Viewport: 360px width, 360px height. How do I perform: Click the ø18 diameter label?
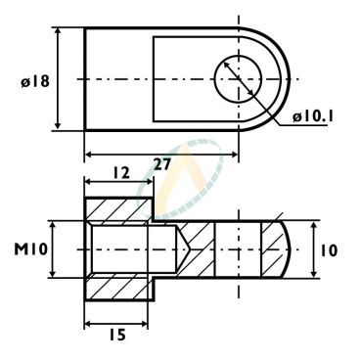tap(35, 81)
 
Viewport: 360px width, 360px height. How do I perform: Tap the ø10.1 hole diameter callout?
tap(313, 116)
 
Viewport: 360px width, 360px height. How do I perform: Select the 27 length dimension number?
tap(162, 164)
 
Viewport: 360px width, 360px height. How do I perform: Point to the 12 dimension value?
tap(121, 173)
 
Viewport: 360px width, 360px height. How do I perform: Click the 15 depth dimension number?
tap(117, 335)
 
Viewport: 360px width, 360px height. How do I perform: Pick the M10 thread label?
tap(30, 249)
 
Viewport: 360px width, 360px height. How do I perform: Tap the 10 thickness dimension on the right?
tap(329, 250)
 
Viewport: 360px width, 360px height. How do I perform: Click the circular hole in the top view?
tap(238, 78)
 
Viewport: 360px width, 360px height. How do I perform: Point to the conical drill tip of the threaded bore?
tap(183, 249)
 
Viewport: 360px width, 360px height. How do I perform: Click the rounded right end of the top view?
tap(290, 79)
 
